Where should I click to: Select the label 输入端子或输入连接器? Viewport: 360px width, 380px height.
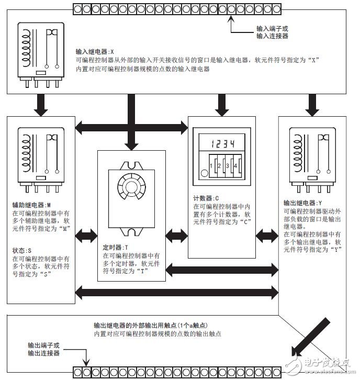272,32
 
